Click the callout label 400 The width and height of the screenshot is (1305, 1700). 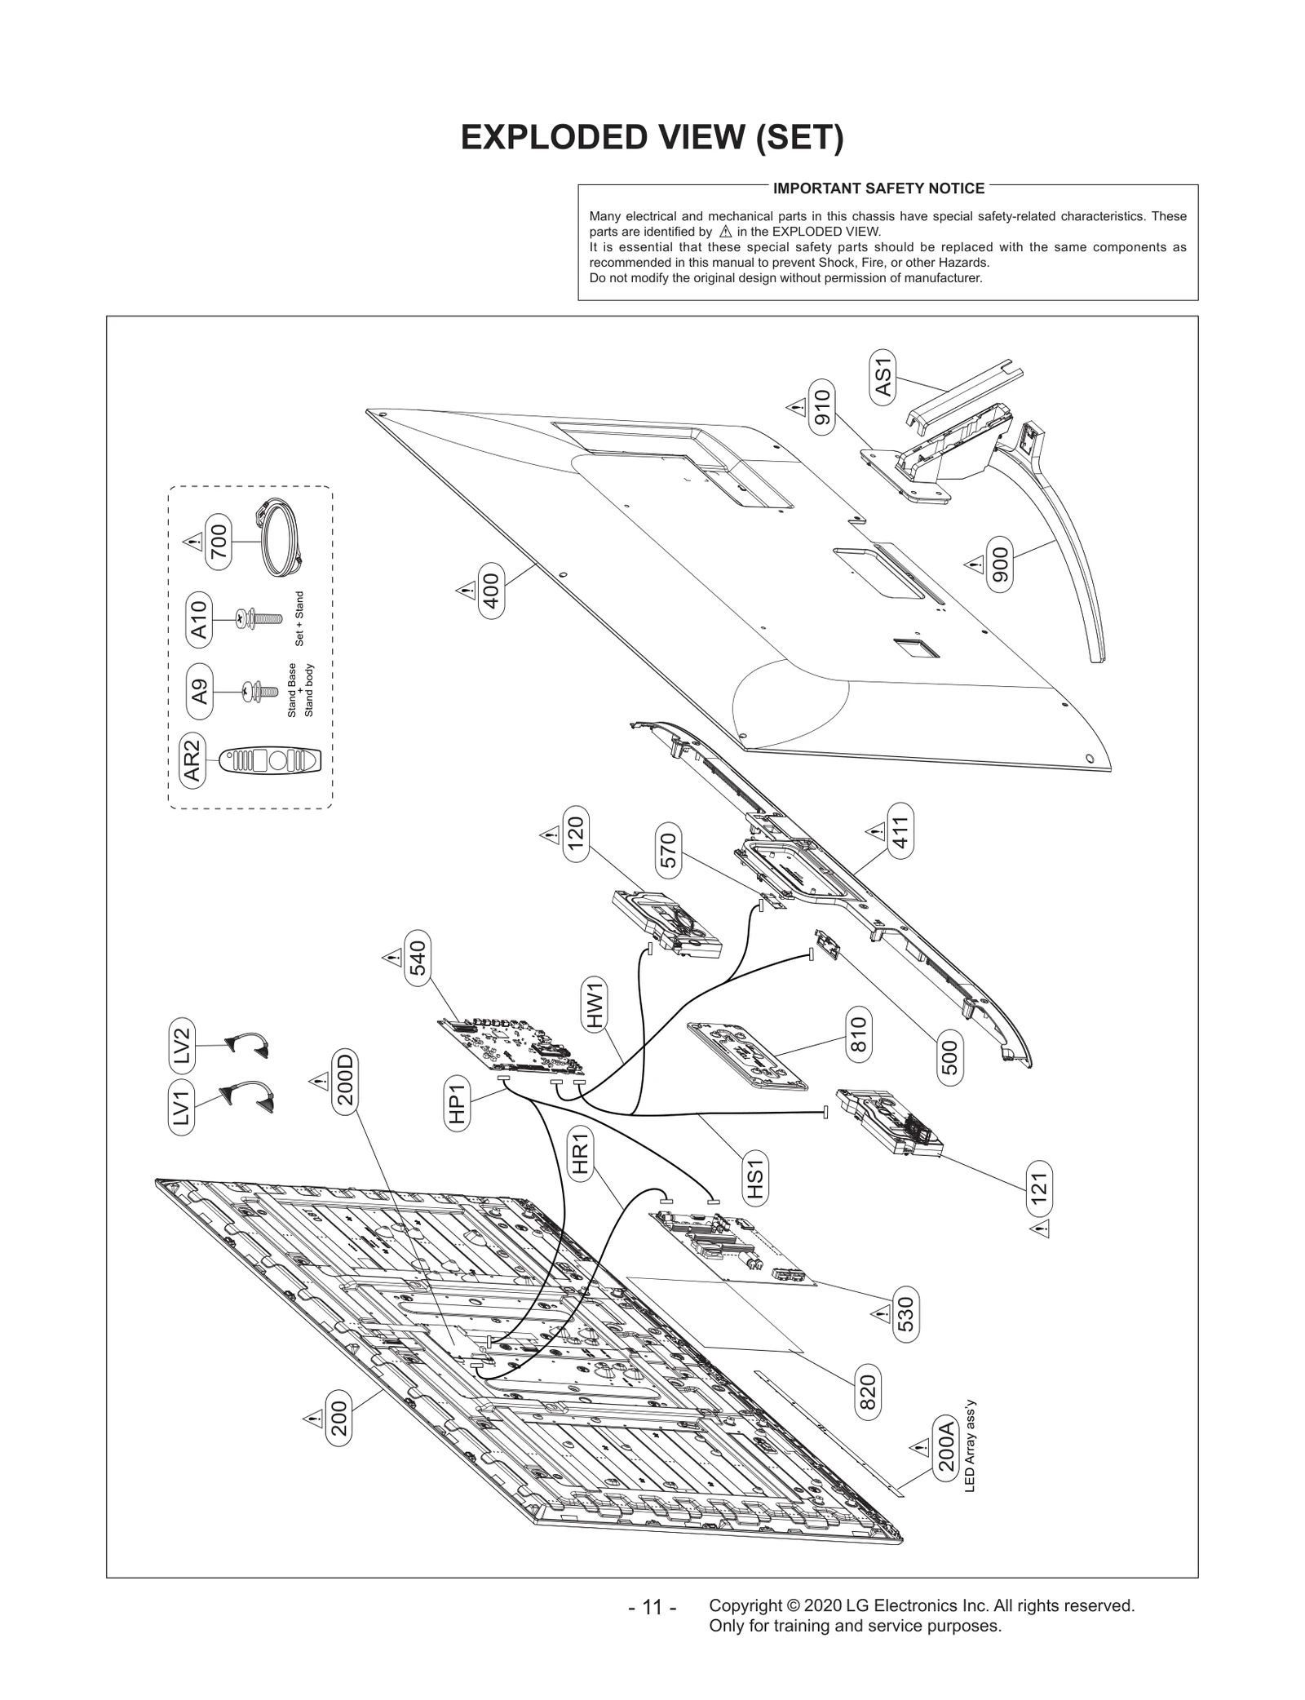coord(492,590)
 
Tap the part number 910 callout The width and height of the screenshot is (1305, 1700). coord(821,408)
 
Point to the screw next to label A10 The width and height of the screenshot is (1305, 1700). coord(252,619)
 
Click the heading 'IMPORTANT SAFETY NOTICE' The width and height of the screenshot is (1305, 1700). coord(878,188)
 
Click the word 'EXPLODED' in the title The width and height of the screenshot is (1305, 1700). coord(548,138)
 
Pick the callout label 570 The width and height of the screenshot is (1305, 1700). coord(669,851)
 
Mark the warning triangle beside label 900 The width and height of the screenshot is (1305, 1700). coord(973,564)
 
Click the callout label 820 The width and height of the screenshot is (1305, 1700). coord(868,1392)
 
